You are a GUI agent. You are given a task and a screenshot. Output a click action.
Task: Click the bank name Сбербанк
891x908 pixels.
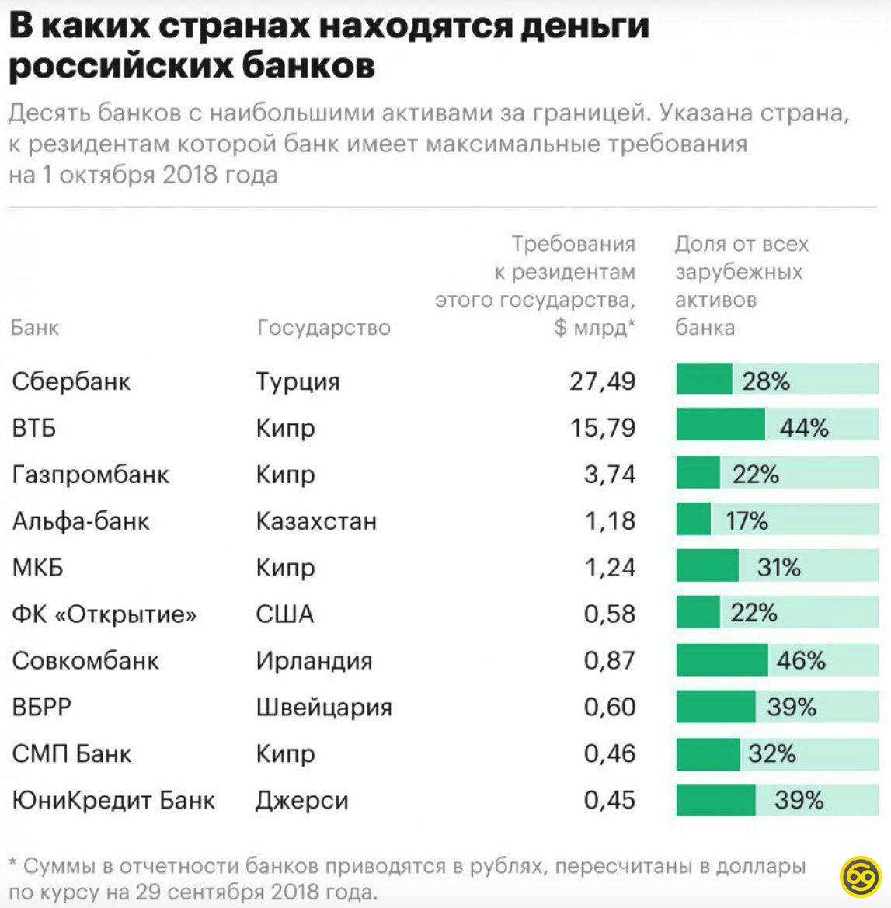[71, 381]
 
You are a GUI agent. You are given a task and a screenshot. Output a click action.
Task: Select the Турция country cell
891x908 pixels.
[298, 382]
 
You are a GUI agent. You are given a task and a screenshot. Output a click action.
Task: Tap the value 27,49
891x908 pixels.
[602, 381]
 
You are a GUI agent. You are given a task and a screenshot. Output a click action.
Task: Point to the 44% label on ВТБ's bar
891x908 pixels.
[804, 428]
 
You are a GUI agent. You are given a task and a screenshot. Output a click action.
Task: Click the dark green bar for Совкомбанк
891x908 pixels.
[722, 660]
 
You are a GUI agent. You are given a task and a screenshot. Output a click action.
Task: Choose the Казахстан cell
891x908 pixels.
[316, 520]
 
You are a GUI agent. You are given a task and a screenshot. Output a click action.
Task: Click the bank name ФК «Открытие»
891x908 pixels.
[104, 614]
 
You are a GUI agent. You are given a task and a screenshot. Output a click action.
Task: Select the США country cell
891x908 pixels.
[284, 614]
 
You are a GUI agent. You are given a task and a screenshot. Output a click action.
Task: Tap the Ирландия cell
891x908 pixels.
[314, 660]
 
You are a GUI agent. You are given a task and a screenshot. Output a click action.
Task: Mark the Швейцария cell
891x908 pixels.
[324, 707]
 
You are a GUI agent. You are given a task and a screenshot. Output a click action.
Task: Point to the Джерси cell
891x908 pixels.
[302, 801]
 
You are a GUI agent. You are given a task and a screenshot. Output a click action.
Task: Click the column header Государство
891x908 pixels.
[323, 328]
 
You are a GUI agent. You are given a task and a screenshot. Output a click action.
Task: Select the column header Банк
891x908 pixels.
[35, 328]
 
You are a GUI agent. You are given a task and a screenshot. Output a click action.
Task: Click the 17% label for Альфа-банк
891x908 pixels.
[747, 520]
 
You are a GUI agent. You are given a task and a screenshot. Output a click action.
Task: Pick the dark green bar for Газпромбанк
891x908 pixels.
[698, 474]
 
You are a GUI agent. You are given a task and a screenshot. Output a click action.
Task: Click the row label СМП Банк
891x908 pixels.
[72, 753]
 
